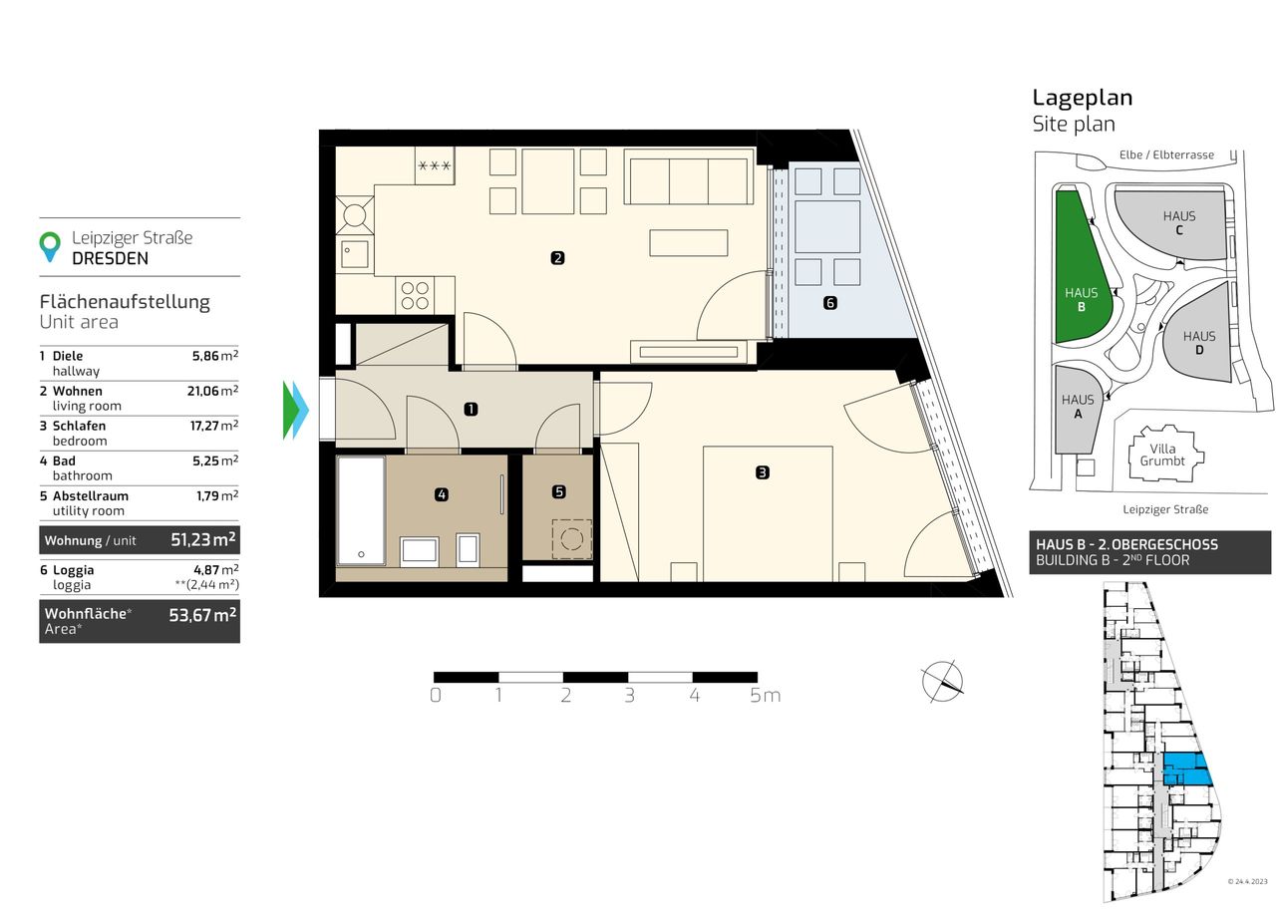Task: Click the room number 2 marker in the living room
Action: coord(557,258)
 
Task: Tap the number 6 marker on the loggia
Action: coord(830,303)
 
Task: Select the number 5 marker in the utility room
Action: coord(559,491)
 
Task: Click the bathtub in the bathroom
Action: coord(361,510)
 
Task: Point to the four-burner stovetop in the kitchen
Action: coord(415,295)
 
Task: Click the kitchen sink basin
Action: coord(354,254)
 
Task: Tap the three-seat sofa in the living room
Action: coord(689,176)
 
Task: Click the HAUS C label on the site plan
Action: coord(1179,222)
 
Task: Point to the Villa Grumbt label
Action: coord(1162,455)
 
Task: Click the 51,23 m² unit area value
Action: coord(203,539)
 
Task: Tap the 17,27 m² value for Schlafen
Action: coord(214,425)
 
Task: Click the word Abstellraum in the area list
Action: coord(91,495)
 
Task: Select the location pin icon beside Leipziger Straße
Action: coord(50,246)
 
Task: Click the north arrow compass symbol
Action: coord(942,682)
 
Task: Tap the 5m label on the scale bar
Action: coord(765,696)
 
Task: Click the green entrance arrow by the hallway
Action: coord(290,410)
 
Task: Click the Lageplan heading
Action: coord(1083,98)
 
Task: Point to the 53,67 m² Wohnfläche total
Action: coord(202,615)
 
